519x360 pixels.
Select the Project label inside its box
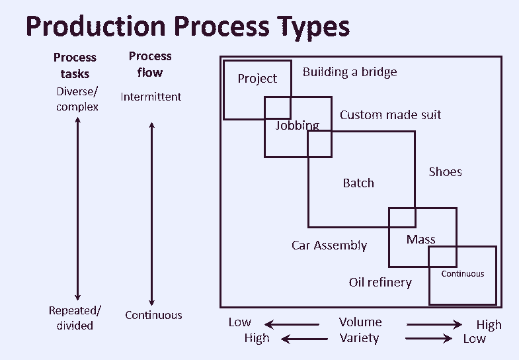point(257,79)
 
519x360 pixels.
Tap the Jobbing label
point(298,125)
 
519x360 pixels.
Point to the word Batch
point(358,183)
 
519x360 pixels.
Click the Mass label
point(421,239)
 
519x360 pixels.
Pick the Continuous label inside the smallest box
point(463,273)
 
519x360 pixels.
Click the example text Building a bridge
point(350,71)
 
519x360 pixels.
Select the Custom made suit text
point(390,114)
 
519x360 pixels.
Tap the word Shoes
point(445,171)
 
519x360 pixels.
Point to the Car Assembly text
point(329,245)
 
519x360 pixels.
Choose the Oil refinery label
point(380,283)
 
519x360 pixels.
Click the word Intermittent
point(151,97)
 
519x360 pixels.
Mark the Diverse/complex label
point(77,99)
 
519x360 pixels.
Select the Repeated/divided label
point(75,318)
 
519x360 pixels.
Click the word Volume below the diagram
point(360,322)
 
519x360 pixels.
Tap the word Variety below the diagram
point(360,338)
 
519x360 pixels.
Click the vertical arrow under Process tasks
point(78,208)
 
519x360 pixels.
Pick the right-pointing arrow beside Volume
point(434,324)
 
